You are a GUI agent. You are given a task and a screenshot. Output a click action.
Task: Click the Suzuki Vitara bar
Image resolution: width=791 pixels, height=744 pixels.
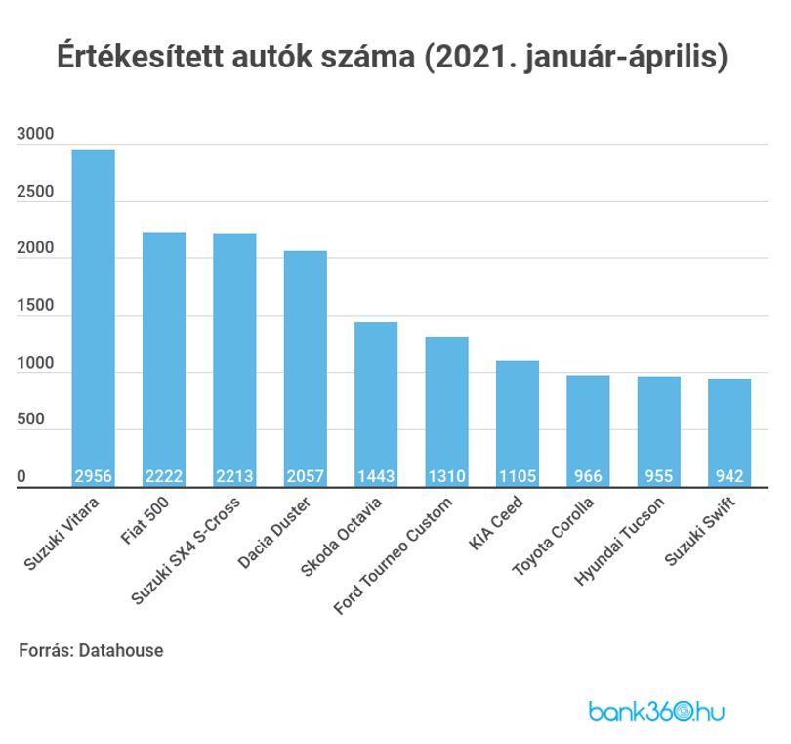click(x=94, y=318)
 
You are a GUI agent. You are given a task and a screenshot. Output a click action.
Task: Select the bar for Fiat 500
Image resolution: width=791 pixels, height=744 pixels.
click(x=164, y=360)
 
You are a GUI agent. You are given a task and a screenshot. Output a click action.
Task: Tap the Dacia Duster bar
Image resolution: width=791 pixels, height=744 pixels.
click(x=306, y=370)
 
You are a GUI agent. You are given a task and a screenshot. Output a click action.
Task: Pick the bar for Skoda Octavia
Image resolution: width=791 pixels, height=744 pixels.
click(x=376, y=405)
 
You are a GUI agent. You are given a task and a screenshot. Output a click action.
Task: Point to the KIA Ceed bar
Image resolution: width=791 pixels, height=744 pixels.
click(x=518, y=423)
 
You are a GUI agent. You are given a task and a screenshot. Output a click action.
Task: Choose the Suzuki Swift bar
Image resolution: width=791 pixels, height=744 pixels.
click(x=729, y=433)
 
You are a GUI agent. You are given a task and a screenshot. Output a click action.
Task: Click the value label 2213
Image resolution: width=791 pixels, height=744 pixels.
click(x=234, y=476)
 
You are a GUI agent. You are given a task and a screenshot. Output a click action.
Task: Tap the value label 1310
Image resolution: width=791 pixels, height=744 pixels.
click(x=447, y=476)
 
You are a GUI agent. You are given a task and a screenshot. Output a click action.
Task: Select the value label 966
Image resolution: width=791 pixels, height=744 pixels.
click(x=588, y=476)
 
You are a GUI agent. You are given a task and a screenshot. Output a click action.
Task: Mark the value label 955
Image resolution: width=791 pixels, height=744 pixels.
click(x=659, y=476)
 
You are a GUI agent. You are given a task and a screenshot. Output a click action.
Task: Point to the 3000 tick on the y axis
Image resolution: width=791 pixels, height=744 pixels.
click(x=35, y=134)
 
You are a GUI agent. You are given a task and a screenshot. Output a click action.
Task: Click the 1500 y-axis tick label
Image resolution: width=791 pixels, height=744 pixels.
click(x=35, y=306)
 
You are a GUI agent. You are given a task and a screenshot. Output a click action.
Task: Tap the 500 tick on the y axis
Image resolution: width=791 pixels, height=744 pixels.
click(x=31, y=419)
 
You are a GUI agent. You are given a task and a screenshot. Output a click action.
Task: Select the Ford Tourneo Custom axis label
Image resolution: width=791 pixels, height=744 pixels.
click(x=393, y=555)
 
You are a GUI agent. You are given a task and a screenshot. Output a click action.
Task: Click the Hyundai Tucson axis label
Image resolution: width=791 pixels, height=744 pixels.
click(x=619, y=541)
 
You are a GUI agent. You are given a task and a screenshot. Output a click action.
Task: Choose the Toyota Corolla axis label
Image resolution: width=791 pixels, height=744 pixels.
click(x=553, y=537)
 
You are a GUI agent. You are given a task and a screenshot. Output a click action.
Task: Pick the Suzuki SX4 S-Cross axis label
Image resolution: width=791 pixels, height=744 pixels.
click(x=186, y=550)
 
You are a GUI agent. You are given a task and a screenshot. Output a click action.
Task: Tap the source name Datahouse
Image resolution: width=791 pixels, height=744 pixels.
click(x=121, y=650)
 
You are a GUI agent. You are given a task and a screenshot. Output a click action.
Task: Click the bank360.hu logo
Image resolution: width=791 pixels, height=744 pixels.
click(x=657, y=712)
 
